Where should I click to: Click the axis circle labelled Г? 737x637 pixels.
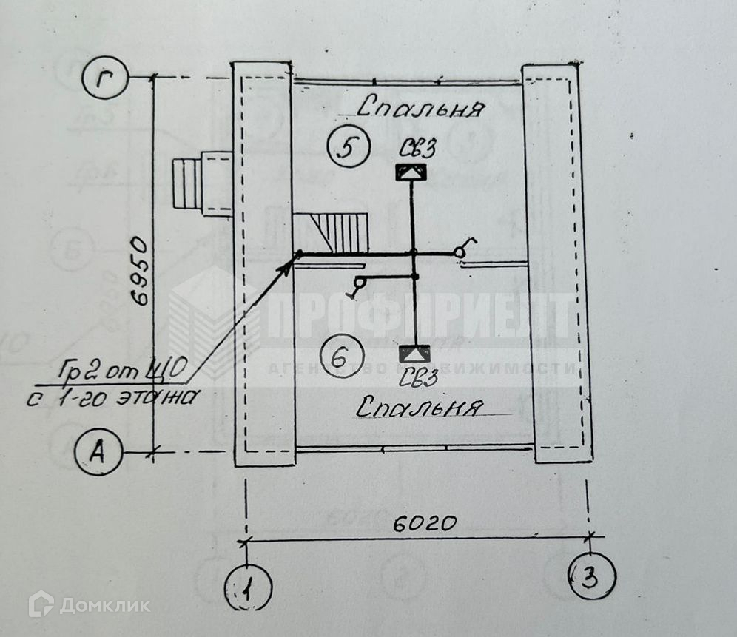click(107, 77)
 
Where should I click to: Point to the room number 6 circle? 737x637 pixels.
click(339, 359)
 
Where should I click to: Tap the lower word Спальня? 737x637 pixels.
click(420, 406)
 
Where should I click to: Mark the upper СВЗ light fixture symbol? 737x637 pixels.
click(412, 174)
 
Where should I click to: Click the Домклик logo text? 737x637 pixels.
click(104, 605)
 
